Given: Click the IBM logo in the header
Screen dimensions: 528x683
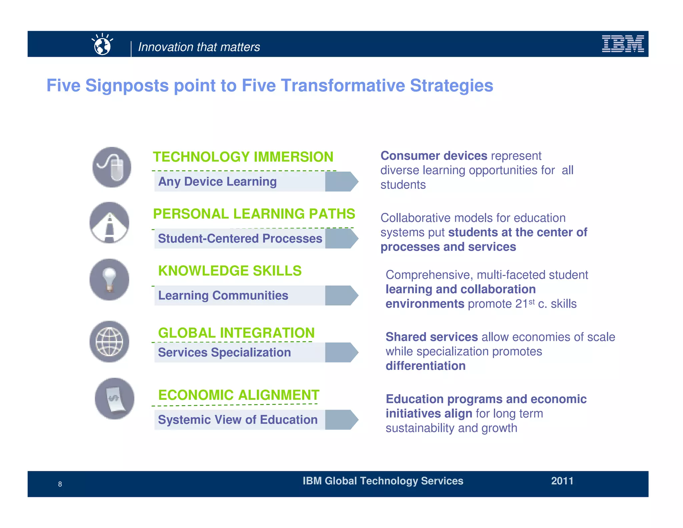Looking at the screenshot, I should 623,44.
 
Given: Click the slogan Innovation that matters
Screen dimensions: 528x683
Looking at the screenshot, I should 199,47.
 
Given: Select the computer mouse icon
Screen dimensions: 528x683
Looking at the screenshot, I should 112,167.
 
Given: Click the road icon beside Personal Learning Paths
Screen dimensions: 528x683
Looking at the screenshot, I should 109,223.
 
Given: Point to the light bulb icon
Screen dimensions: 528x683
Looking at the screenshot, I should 109,280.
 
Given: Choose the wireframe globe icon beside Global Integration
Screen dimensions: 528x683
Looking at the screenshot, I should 109,342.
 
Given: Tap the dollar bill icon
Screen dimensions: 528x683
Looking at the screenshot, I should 115,399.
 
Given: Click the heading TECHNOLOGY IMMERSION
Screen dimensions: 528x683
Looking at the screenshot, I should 243,157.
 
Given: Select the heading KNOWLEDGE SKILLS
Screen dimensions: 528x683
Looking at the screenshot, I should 230,271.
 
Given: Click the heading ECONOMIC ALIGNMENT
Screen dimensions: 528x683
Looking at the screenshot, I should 239,395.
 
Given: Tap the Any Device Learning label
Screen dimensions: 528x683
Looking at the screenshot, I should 217,182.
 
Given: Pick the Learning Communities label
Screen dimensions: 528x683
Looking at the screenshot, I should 223,295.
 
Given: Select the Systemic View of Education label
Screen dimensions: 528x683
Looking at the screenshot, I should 237,420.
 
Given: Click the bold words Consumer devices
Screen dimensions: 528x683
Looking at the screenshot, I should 434,156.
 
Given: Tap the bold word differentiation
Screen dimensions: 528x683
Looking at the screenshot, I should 425,366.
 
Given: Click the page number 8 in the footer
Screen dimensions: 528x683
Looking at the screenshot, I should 60,484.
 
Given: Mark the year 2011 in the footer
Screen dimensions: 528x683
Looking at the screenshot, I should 562,481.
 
